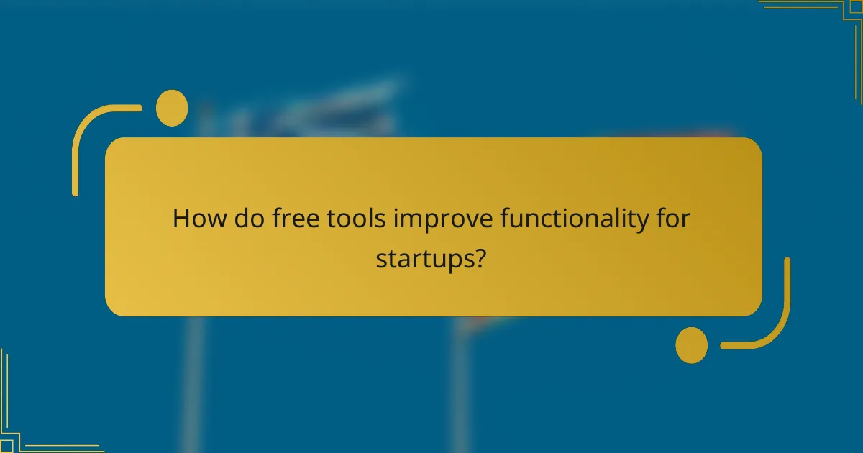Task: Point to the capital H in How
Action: tap(181, 218)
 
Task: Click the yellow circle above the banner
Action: tap(172, 108)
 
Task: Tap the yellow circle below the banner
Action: tap(692, 344)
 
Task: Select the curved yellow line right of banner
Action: tap(780, 316)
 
